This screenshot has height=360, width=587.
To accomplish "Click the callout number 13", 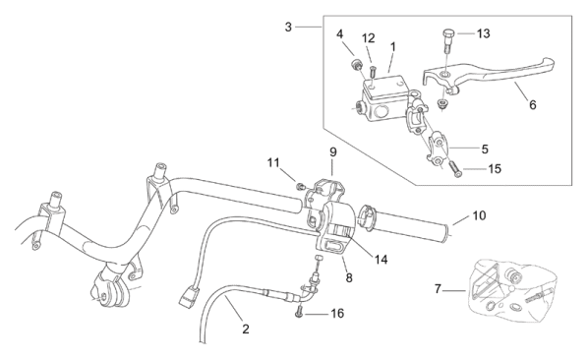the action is (x=484, y=33).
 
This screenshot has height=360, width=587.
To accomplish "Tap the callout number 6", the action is (x=532, y=105).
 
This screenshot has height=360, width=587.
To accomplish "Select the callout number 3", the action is (x=288, y=27).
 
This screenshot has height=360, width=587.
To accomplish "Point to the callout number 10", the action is (x=479, y=215).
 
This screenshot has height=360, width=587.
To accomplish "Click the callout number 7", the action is (x=438, y=289).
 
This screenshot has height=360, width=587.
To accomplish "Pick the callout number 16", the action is (x=337, y=313).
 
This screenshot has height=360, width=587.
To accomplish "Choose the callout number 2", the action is (x=246, y=330).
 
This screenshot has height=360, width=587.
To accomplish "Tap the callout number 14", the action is (x=382, y=260).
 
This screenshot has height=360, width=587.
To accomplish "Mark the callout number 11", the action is (x=273, y=163).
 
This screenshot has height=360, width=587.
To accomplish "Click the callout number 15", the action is (x=495, y=169).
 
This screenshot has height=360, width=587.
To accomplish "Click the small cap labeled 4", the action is (x=356, y=65).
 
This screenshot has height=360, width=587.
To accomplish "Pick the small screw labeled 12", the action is (x=373, y=71).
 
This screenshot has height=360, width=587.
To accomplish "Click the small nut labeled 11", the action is (x=300, y=186).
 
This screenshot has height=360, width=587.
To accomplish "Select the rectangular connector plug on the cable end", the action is (x=189, y=296).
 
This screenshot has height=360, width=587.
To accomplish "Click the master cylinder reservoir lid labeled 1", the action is (x=385, y=87).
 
